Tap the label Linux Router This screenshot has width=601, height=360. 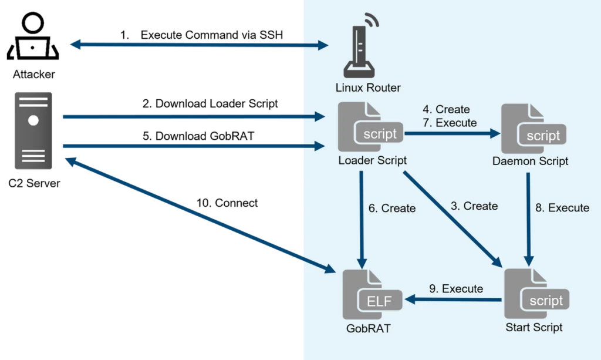click(368, 88)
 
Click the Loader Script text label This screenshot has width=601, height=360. click(373, 160)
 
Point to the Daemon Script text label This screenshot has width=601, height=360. click(531, 160)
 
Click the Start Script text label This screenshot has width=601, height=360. click(534, 327)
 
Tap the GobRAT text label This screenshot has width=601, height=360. click(368, 328)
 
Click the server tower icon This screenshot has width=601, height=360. click(33, 130)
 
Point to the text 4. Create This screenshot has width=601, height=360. click(446, 110)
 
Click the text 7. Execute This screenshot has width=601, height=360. click(450, 123)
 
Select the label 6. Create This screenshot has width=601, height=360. click(392, 208)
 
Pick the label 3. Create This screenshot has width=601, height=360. click(474, 206)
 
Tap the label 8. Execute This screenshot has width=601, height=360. click(562, 208)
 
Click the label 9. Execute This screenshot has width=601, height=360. click(456, 289)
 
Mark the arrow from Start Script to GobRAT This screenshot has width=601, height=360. click(455, 300)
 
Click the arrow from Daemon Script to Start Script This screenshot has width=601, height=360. click(529, 217)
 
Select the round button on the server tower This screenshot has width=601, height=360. click(33, 121)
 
